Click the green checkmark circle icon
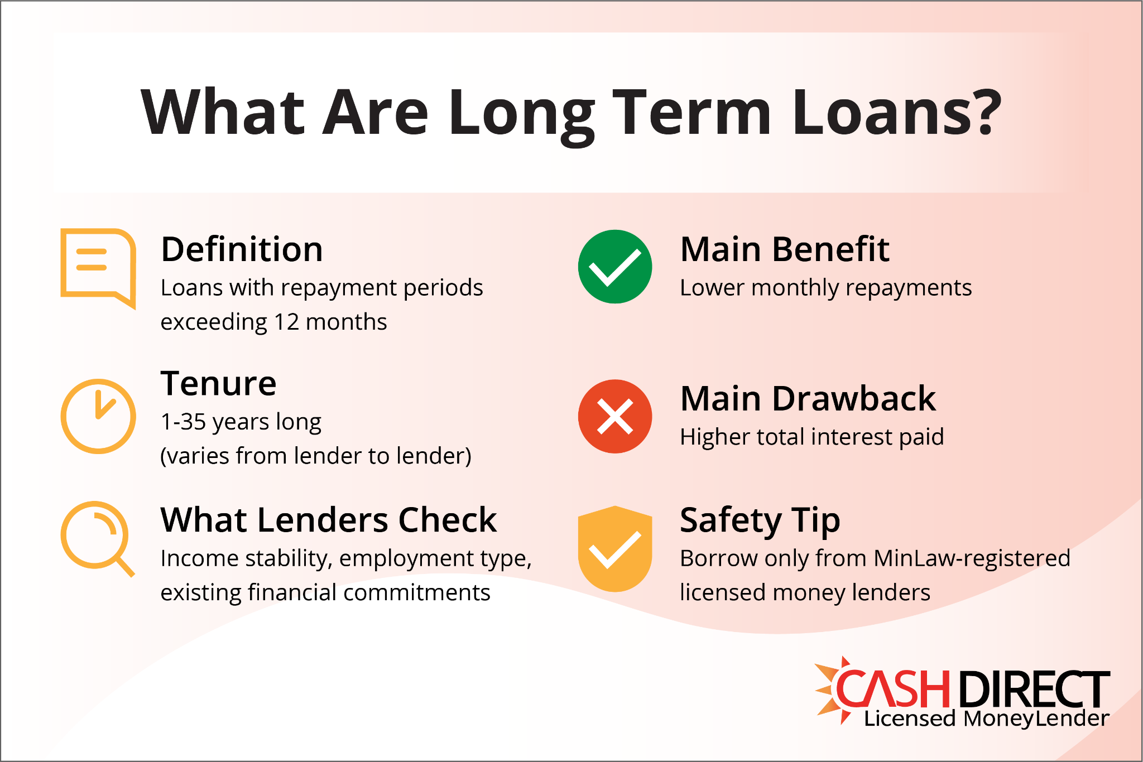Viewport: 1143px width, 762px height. (x=614, y=267)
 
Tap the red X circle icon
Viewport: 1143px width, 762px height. (x=614, y=416)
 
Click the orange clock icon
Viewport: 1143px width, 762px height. (x=98, y=416)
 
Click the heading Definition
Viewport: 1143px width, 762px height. (x=242, y=249)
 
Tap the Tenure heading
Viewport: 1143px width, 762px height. (x=218, y=384)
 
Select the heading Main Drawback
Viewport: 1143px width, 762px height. (x=808, y=399)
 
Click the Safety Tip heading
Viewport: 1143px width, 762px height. (x=760, y=520)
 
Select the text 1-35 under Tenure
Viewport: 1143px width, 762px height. (x=184, y=422)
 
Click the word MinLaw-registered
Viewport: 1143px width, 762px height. (x=972, y=558)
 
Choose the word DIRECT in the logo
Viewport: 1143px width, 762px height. (x=1034, y=689)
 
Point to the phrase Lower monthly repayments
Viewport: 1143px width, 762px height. (x=825, y=288)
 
